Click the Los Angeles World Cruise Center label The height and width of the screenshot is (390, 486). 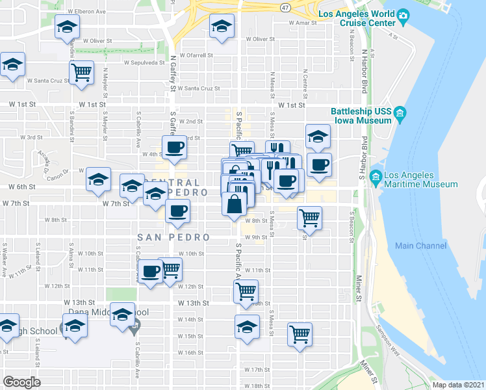tap(356, 19)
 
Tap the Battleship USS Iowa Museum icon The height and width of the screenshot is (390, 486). tap(399, 115)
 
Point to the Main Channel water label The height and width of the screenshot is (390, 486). tap(420, 246)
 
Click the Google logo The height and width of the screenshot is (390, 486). tap(21, 382)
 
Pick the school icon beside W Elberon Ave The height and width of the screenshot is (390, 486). tap(67, 27)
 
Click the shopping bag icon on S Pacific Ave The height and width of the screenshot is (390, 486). tap(235, 204)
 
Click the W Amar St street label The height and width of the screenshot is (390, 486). tap(303, 23)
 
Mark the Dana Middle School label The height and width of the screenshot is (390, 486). tap(107, 313)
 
